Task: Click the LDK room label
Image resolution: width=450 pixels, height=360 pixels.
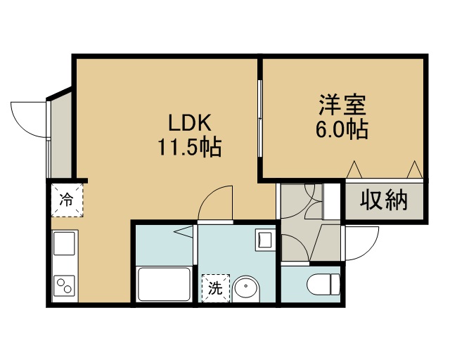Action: click(190, 123)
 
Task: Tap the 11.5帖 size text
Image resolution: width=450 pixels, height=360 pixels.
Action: click(190, 147)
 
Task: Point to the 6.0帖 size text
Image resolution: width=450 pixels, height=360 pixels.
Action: click(342, 129)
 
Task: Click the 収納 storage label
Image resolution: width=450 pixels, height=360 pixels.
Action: click(384, 200)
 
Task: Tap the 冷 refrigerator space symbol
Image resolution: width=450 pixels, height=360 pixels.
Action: click(67, 200)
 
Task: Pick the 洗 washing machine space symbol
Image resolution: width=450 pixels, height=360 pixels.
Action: click(216, 288)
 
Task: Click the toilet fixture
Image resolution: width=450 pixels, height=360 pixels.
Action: click(323, 284)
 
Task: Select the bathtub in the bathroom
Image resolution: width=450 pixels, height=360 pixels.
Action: click(165, 284)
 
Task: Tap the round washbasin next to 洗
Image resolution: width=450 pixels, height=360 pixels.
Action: click(246, 289)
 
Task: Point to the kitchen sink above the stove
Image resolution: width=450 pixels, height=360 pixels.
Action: click(64, 243)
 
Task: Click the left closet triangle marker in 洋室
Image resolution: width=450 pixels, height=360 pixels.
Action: click(354, 169)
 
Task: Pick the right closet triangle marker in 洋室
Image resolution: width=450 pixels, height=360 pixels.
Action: click(415, 169)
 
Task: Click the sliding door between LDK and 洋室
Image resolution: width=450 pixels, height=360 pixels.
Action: click(260, 118)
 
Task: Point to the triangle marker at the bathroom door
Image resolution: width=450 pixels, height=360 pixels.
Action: click(183, 231)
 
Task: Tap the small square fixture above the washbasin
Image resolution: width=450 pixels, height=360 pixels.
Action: click(264, 240)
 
